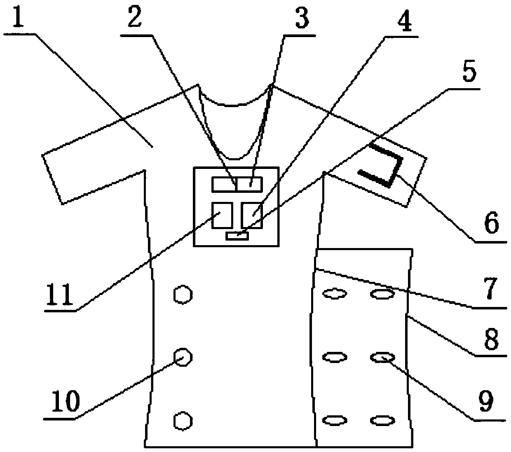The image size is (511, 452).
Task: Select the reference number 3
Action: (302, 19)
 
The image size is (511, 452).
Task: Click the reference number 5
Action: (469, 72)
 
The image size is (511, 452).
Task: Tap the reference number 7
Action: (489, 290)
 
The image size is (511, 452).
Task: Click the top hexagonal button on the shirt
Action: (182, 295)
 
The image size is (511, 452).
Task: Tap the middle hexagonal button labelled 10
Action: (182, 356)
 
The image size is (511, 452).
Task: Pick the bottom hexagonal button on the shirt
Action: (182, 421)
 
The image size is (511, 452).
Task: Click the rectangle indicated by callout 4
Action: (251, 215)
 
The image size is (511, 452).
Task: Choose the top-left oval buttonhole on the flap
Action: (334, 294)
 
